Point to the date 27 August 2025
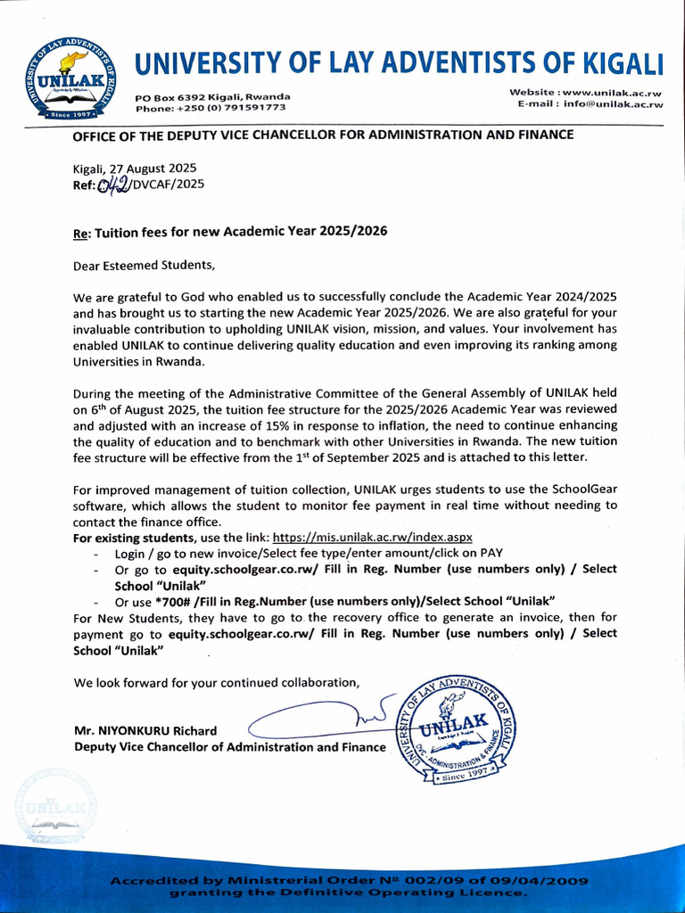point(153,169)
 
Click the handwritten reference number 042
point(114,185)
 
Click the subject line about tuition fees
point(229,231)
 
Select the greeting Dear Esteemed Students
point(144,265)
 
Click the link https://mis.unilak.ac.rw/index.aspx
point(372,538)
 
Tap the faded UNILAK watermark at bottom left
point(55,809)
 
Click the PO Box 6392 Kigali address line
point(212,96)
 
